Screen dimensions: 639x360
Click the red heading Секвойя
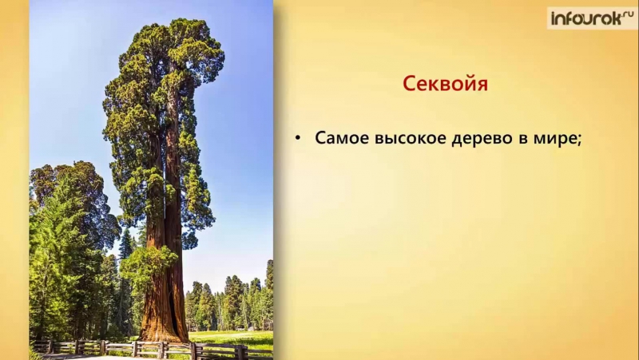(x=445, y=84)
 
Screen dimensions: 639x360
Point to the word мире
(x=554, y=139)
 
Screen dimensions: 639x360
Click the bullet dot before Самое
(x=297, y=138)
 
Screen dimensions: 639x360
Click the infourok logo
(x=592, y=18)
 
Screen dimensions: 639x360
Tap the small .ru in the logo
(x=628, y=13)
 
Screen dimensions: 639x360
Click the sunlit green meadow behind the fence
(x=230, y=338)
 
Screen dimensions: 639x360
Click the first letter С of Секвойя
(x=409, y=84)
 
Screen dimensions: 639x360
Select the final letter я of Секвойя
(x=482, y=85)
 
